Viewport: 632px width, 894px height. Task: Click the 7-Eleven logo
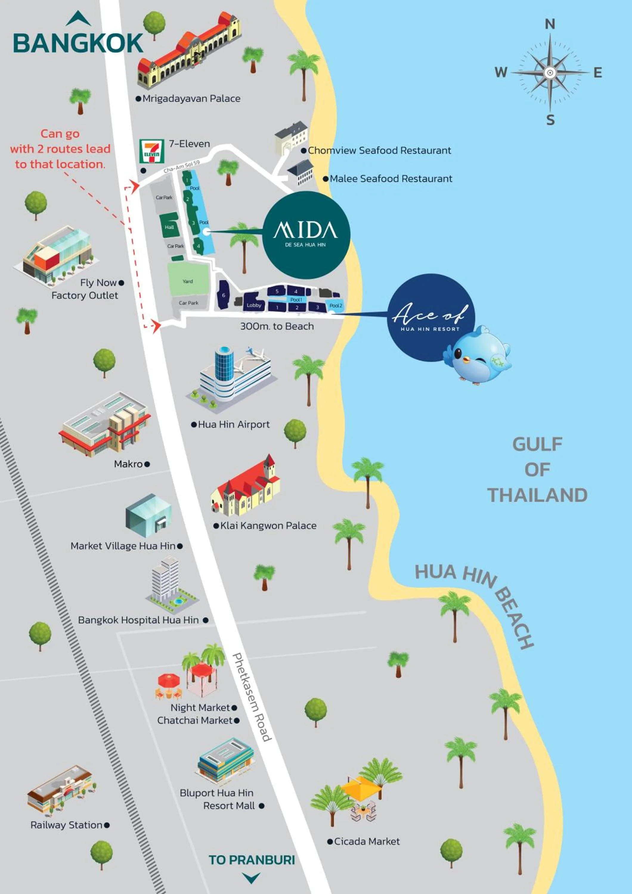[151, 151]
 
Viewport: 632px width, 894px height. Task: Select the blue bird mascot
[478, 355]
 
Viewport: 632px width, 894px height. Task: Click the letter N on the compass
[549, 24]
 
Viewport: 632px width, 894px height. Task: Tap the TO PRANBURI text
[252, 860]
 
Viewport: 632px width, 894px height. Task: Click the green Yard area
[188, 280]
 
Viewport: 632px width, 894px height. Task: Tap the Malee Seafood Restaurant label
[391, 179]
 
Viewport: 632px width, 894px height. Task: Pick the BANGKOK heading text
[78, 43]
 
